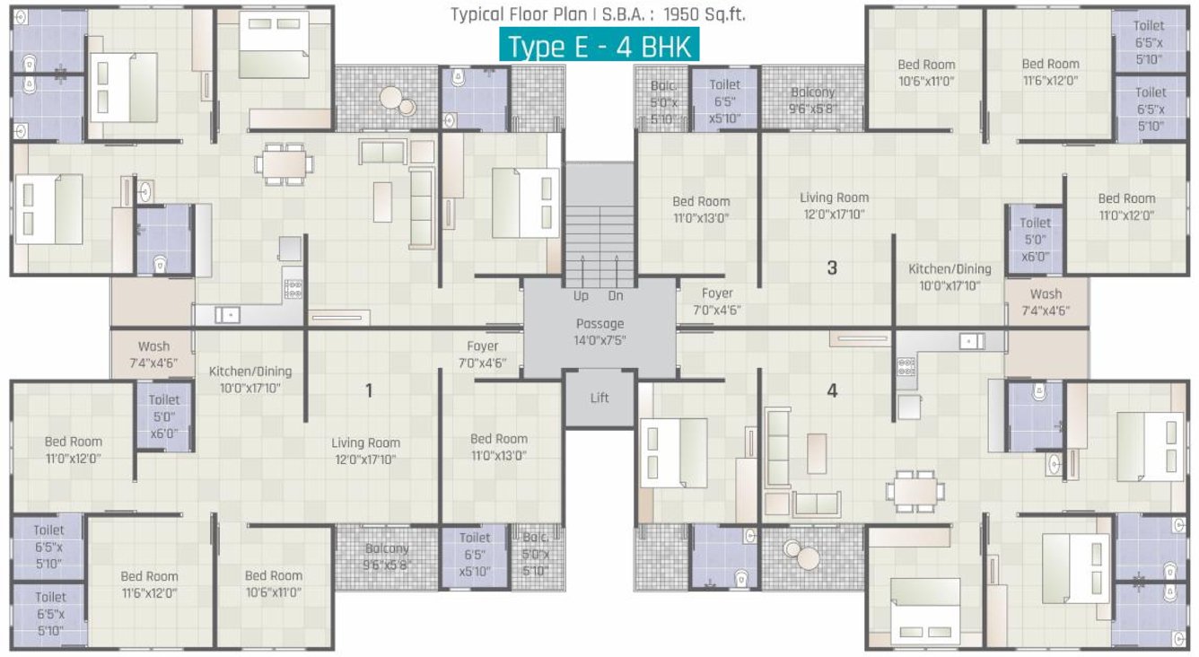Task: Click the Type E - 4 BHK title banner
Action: [599, 46]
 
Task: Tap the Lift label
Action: [599, 398]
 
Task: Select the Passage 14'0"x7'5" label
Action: [599, 331]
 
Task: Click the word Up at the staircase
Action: [581, 295]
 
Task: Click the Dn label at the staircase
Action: [616, 295]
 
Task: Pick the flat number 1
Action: [368, 390]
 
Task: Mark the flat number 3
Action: [832, 267]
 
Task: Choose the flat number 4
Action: [832, 390]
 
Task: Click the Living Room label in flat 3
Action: [834, 206]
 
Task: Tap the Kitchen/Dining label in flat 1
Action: [250, 380]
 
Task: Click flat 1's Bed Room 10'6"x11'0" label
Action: [273, 583]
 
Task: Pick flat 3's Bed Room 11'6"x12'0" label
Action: [1050, 72]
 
